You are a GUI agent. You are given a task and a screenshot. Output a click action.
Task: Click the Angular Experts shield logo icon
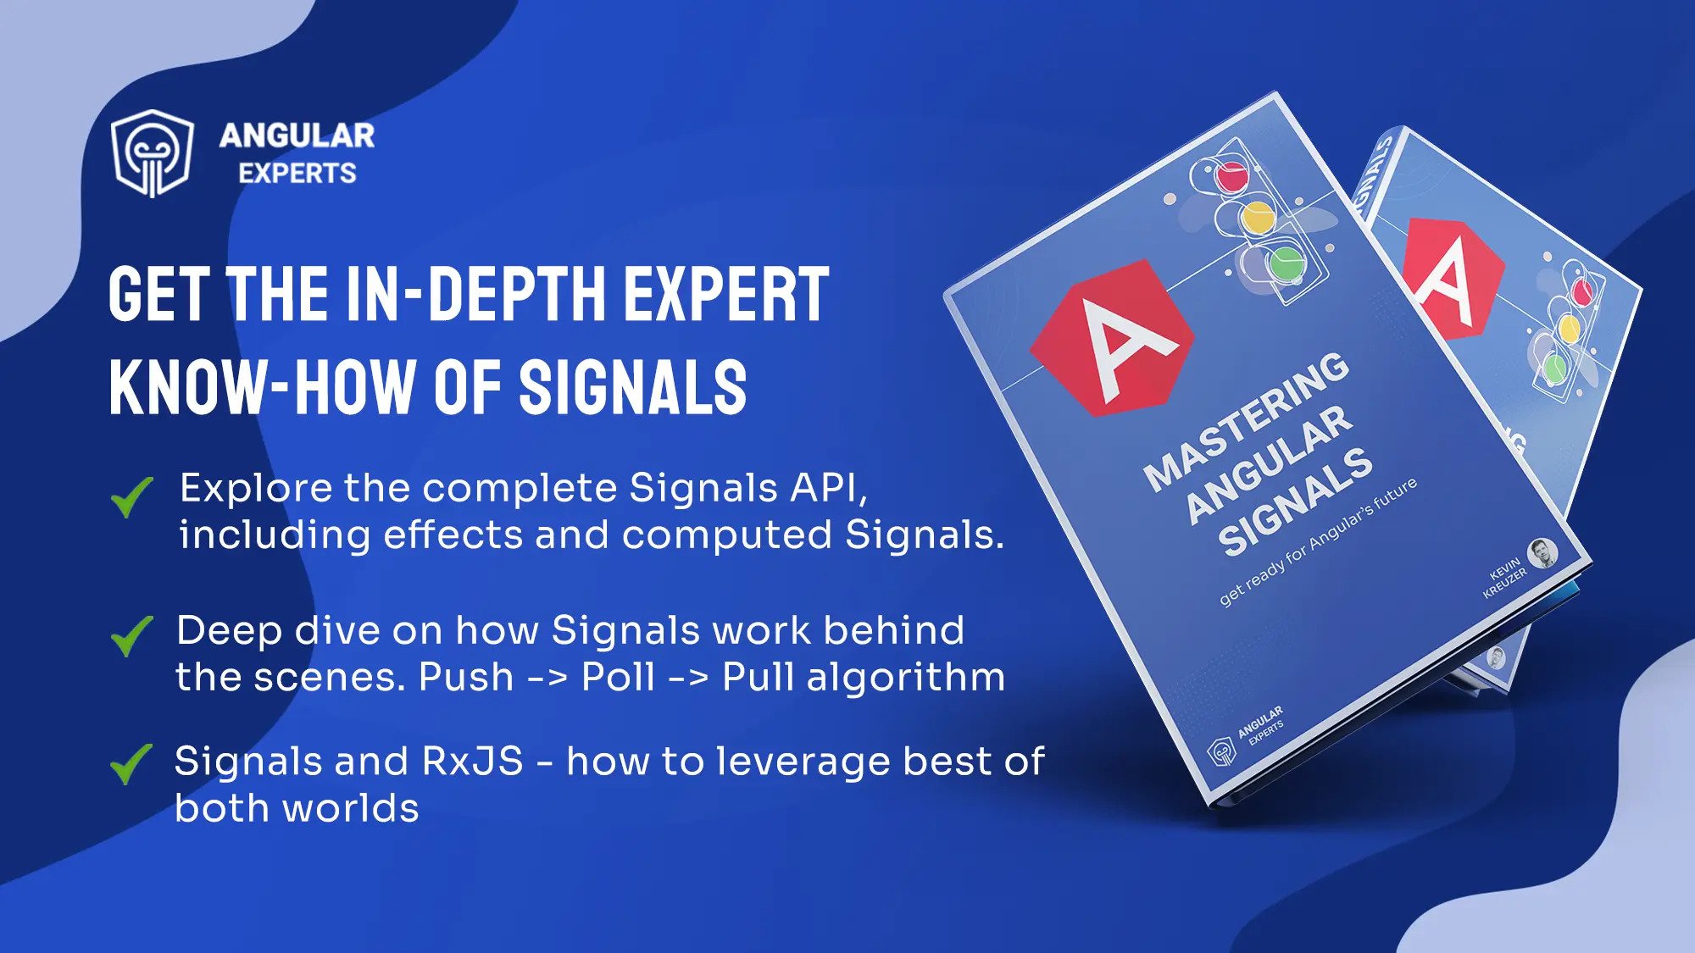point(153,153)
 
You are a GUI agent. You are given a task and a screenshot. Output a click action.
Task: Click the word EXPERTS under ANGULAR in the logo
point(297,174)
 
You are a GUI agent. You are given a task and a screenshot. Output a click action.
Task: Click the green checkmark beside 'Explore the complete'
point(131,496)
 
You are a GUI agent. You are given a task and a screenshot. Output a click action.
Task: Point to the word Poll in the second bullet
point(618,678)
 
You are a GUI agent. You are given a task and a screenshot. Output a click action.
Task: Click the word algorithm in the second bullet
point(905,678)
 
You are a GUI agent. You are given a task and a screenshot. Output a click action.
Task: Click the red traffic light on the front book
point(1231,176)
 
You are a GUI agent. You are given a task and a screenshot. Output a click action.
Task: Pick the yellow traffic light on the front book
point(1258,218)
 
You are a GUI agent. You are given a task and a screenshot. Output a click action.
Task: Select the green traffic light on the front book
point(1286,262)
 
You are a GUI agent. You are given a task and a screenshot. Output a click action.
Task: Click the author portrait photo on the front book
point(1542,552)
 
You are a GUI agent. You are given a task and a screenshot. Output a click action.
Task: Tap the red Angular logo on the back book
point(1451,275)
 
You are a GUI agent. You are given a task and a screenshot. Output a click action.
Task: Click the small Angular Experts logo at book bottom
point(1221,751)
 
